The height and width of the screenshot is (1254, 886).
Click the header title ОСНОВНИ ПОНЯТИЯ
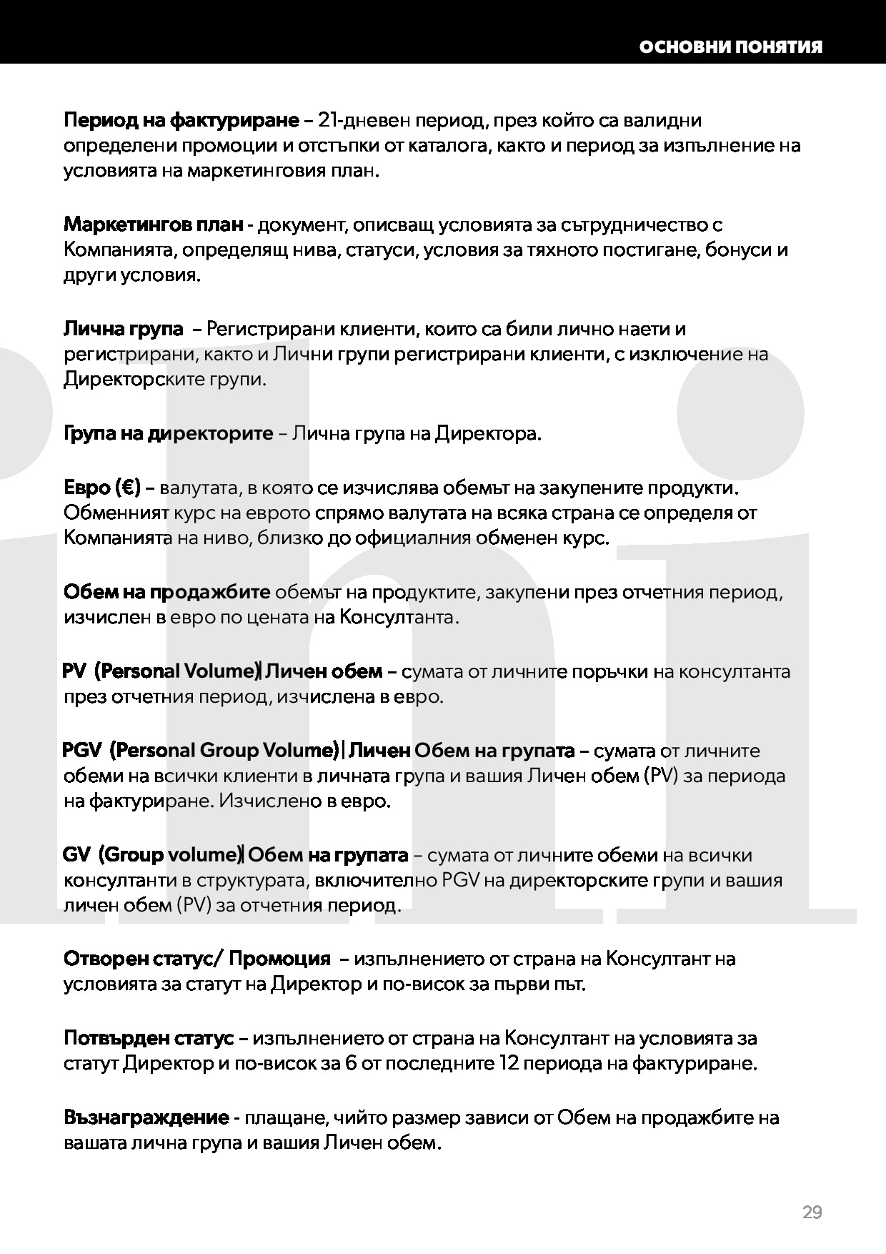[730, 47]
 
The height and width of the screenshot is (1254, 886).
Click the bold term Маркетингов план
[153, 224]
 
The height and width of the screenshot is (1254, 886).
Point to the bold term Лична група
[124, 329]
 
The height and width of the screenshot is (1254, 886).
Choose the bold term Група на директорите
[169, 433]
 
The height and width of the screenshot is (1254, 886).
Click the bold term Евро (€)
[103, 488]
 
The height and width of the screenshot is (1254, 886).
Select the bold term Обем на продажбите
[167, 592]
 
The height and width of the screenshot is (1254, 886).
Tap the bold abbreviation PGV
[81, 751]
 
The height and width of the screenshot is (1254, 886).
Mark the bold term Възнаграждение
[146, 1117]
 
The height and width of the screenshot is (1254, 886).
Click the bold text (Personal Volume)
[176, 672]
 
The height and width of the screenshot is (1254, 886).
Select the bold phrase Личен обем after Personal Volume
[324, 672]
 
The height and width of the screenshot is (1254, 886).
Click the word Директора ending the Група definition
[488, 433]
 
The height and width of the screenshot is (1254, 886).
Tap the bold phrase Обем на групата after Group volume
[328, 855]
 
